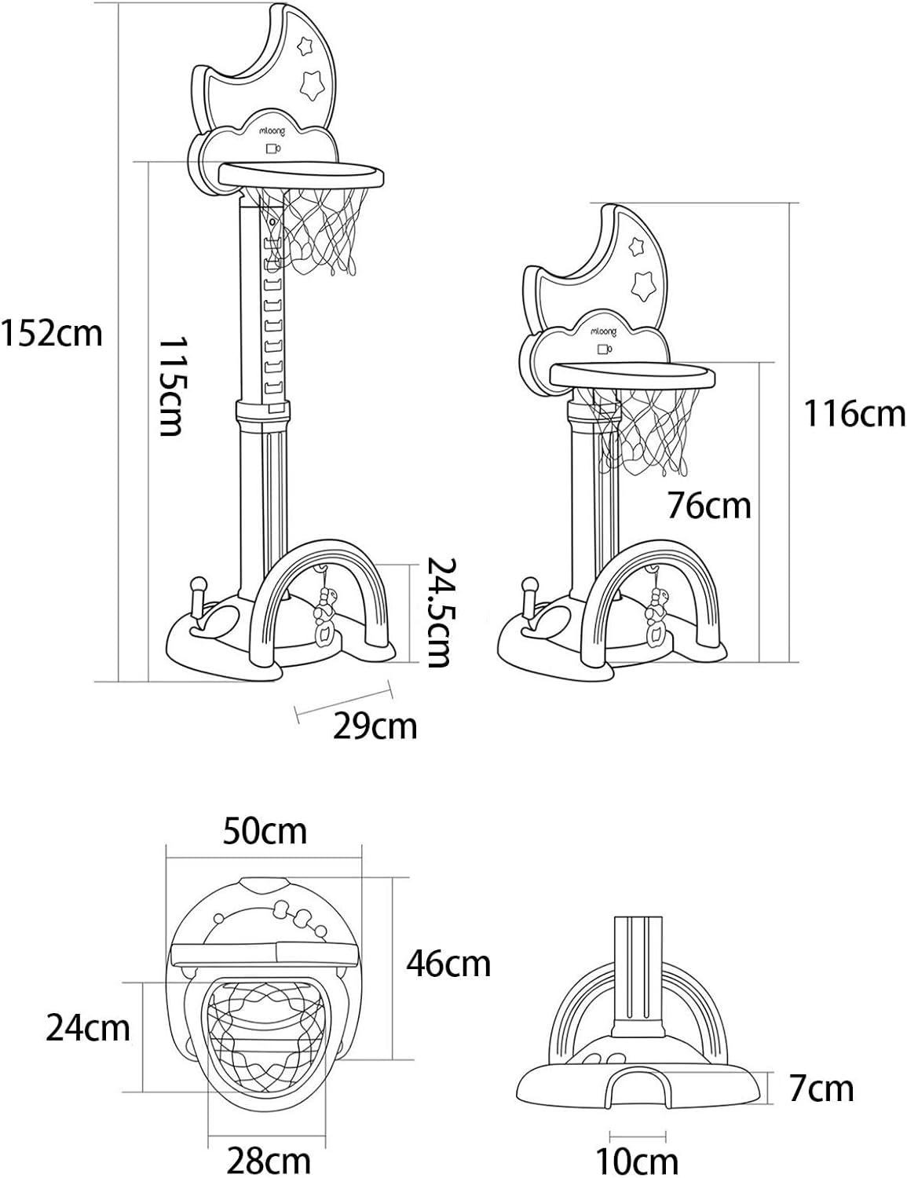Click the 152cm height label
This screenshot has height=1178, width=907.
[x=52, y=334]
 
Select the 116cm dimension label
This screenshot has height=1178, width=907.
[x=854, y=413]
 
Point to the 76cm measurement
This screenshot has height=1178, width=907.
[x=709, y=505]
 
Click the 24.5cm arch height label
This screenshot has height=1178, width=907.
[x=439, y=612]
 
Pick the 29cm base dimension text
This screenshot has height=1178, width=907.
[x=375, y=726]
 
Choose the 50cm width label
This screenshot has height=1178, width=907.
[x=265, y=831]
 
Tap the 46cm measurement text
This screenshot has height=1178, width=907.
[x=448, y=964]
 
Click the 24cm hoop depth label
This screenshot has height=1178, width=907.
[x=88, y=1028]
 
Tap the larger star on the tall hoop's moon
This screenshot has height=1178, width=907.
[x=312, y=85]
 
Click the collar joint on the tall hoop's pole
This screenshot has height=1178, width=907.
[x=262, y=415]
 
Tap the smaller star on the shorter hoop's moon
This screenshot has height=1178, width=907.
[x=635, y=247]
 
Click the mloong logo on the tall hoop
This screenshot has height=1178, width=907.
[x=271, y=130]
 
